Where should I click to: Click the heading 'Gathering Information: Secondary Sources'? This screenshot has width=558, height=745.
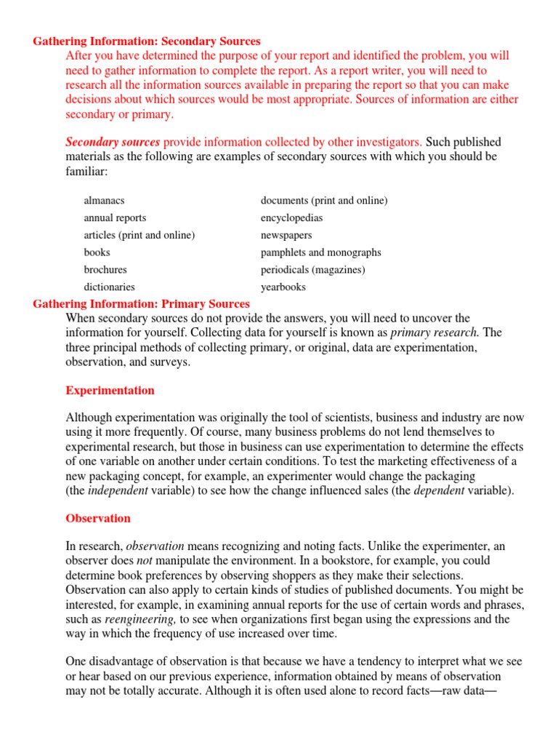147,41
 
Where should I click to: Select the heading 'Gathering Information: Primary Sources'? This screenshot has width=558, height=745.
141,303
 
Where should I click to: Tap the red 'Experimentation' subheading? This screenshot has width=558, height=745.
110,391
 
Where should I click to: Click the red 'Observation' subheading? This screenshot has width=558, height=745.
98,519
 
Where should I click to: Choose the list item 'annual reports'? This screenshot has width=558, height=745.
115,218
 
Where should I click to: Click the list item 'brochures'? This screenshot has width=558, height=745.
105,269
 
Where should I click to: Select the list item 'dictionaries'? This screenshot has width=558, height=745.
109,287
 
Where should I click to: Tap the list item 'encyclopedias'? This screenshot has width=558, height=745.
291,218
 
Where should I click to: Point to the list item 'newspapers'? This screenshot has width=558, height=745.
286,235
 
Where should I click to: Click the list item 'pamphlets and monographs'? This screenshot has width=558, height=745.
320,252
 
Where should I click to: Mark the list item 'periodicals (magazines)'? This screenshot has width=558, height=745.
312,269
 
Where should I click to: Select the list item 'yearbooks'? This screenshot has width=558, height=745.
283,287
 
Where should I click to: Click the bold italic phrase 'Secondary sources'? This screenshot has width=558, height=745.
113,142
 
